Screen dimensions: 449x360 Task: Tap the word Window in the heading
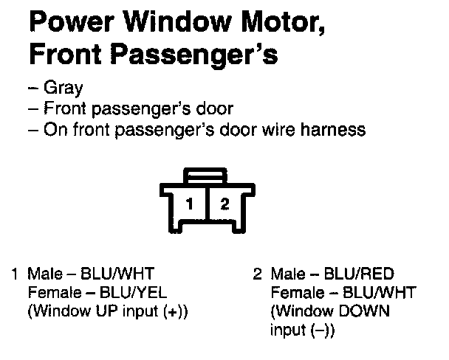169,21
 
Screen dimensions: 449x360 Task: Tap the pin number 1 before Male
15,274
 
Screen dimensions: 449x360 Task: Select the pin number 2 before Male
258,274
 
